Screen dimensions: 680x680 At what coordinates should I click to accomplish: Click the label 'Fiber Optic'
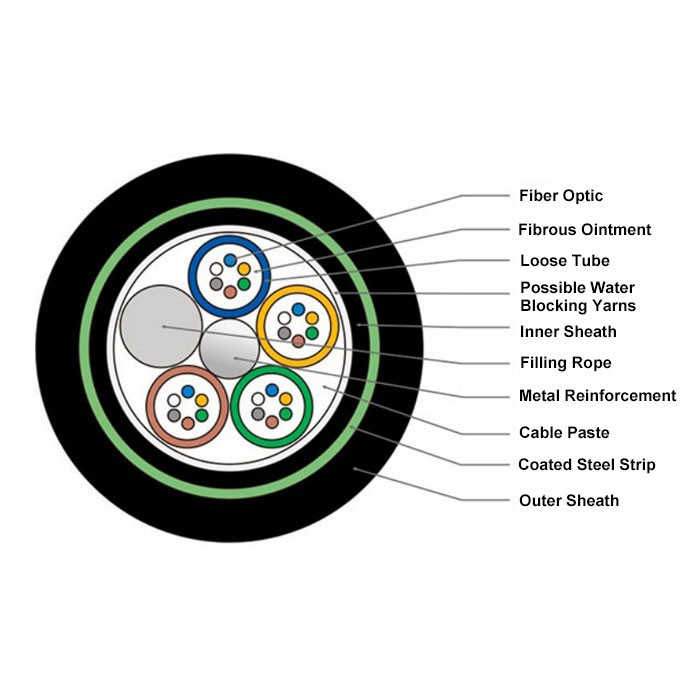pyautogui.click(x=561, y=196)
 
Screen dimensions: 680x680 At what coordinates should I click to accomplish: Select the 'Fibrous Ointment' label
pyautogui.click(x=584, y=230)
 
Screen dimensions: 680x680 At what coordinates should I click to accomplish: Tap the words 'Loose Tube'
pyautogui.click(x=564, y=262)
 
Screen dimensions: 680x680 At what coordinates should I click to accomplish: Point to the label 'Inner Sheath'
pyautogui.click(x=568, y=332)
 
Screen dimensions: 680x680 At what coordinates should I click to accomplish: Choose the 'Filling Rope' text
pyautogui.click(x=565, y=363)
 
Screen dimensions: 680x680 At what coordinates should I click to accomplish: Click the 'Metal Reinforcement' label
pyautogui.click(x=597, y=396)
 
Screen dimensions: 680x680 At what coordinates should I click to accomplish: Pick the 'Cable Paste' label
pyautogui.click(x=564, y=433)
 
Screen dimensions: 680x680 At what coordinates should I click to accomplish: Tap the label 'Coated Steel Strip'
pyautogui.click(x=586, y=465)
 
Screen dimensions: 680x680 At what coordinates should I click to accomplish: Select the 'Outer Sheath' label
pyautogui.click(x=568, y=500)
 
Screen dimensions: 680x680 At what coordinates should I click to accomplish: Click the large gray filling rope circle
pyautogui.click(x=159, y=325)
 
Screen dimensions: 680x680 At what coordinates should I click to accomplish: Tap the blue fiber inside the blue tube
pyautogui.click(x=231, y=260)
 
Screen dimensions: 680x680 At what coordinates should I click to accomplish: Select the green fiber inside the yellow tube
pyautogui.click(x=311, y=333)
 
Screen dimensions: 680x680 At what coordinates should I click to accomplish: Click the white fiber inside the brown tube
pyautogui.click(x=175, y=399)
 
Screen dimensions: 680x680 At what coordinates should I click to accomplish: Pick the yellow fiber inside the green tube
pyautogui.click(x=286, y=399)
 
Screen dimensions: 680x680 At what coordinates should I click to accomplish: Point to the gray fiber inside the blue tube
pyautogui.click(x=217, y=284)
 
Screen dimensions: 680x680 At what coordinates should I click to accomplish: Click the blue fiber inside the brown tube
pyautogui.click(x=188, y=390)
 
